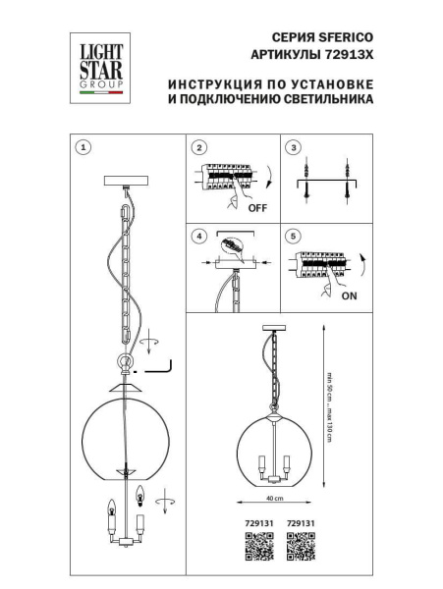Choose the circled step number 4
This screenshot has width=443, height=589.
[199, 237]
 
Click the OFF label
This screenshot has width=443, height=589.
[257, 208]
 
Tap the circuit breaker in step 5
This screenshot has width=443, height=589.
[319, 266]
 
